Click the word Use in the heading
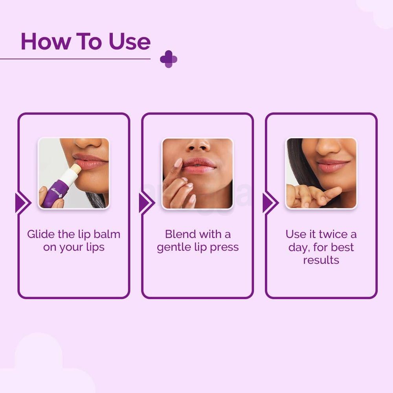[130, 42]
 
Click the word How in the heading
[41, 42]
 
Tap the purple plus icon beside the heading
[169, 59]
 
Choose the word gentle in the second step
[173, 248]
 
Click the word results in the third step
[321, 260]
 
